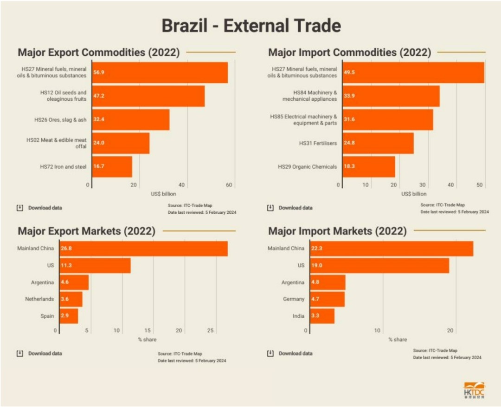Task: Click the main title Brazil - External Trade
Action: (x=251, y=26)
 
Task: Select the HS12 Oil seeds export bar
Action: (x=148, y=96)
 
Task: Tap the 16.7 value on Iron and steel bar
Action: (x=98, y=166)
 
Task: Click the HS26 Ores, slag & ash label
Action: (x=60, y=120)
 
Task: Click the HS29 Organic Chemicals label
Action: (x=307, y=166)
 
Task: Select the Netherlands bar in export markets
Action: (x=71, y=299)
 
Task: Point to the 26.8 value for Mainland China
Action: (x=66, y=249)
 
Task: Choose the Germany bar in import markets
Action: (x=327, y=299)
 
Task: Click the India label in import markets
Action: (x=299, y=316)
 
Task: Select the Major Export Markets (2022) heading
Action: (x=86, y=231)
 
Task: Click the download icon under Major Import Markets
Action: (x=270, y=353)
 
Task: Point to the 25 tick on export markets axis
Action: (x=210, y=331)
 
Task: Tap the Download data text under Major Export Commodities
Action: (x=45, y=208)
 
